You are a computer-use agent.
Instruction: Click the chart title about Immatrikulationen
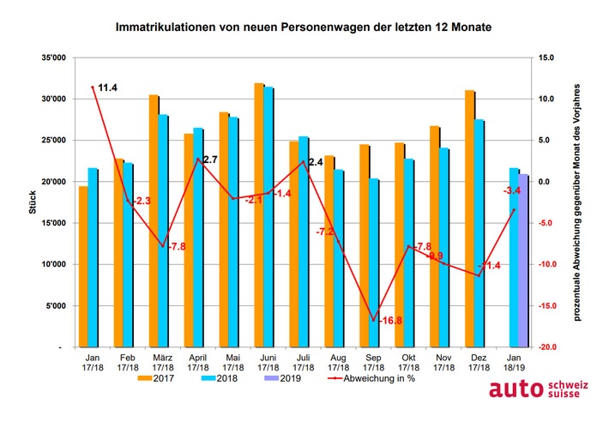click(304, 28)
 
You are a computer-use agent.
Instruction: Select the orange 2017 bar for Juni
click(258, 214)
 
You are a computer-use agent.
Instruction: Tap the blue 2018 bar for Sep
click(374, 262)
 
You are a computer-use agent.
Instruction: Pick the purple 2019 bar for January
click(524, 261)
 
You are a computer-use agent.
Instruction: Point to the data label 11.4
click(107, 87)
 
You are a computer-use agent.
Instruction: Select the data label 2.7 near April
click(212, 160)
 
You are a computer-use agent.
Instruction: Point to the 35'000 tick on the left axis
click(53, 57)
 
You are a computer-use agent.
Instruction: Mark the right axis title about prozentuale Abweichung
click(579, 202)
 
